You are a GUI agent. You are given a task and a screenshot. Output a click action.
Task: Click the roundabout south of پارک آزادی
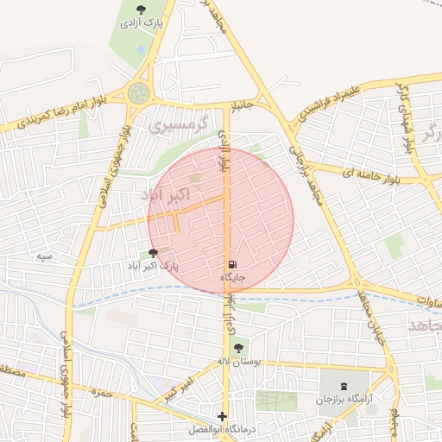pos(138,92)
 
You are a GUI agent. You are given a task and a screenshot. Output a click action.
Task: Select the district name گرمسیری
pos(179,126)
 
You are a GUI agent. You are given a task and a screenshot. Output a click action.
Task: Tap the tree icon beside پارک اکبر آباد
pos(154,254)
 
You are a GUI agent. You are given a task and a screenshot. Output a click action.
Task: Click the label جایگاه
pos(234,277)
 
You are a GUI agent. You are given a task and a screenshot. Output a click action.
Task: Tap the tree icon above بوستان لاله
pos(238,348)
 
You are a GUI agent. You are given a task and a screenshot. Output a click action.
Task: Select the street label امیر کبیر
pos(185,387)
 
